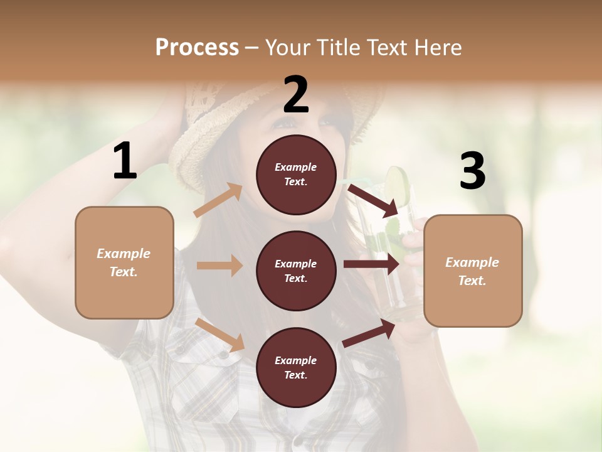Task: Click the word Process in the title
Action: click(x=197, y=48)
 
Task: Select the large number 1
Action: click(x=125, y=161)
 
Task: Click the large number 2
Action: click(x=296, y=95)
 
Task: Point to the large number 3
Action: click(x=472, y=171)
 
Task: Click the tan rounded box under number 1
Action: click(x=124, y=262)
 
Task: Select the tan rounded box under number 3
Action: click(x=473, y=271)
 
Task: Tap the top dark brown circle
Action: click(x=296, y=175)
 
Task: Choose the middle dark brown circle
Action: click(x=296, y=271)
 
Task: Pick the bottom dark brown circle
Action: click(x=296, y=367)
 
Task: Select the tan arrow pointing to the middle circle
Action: click(x=219, y=266)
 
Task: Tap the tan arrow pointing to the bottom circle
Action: click(x=220, y=335)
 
